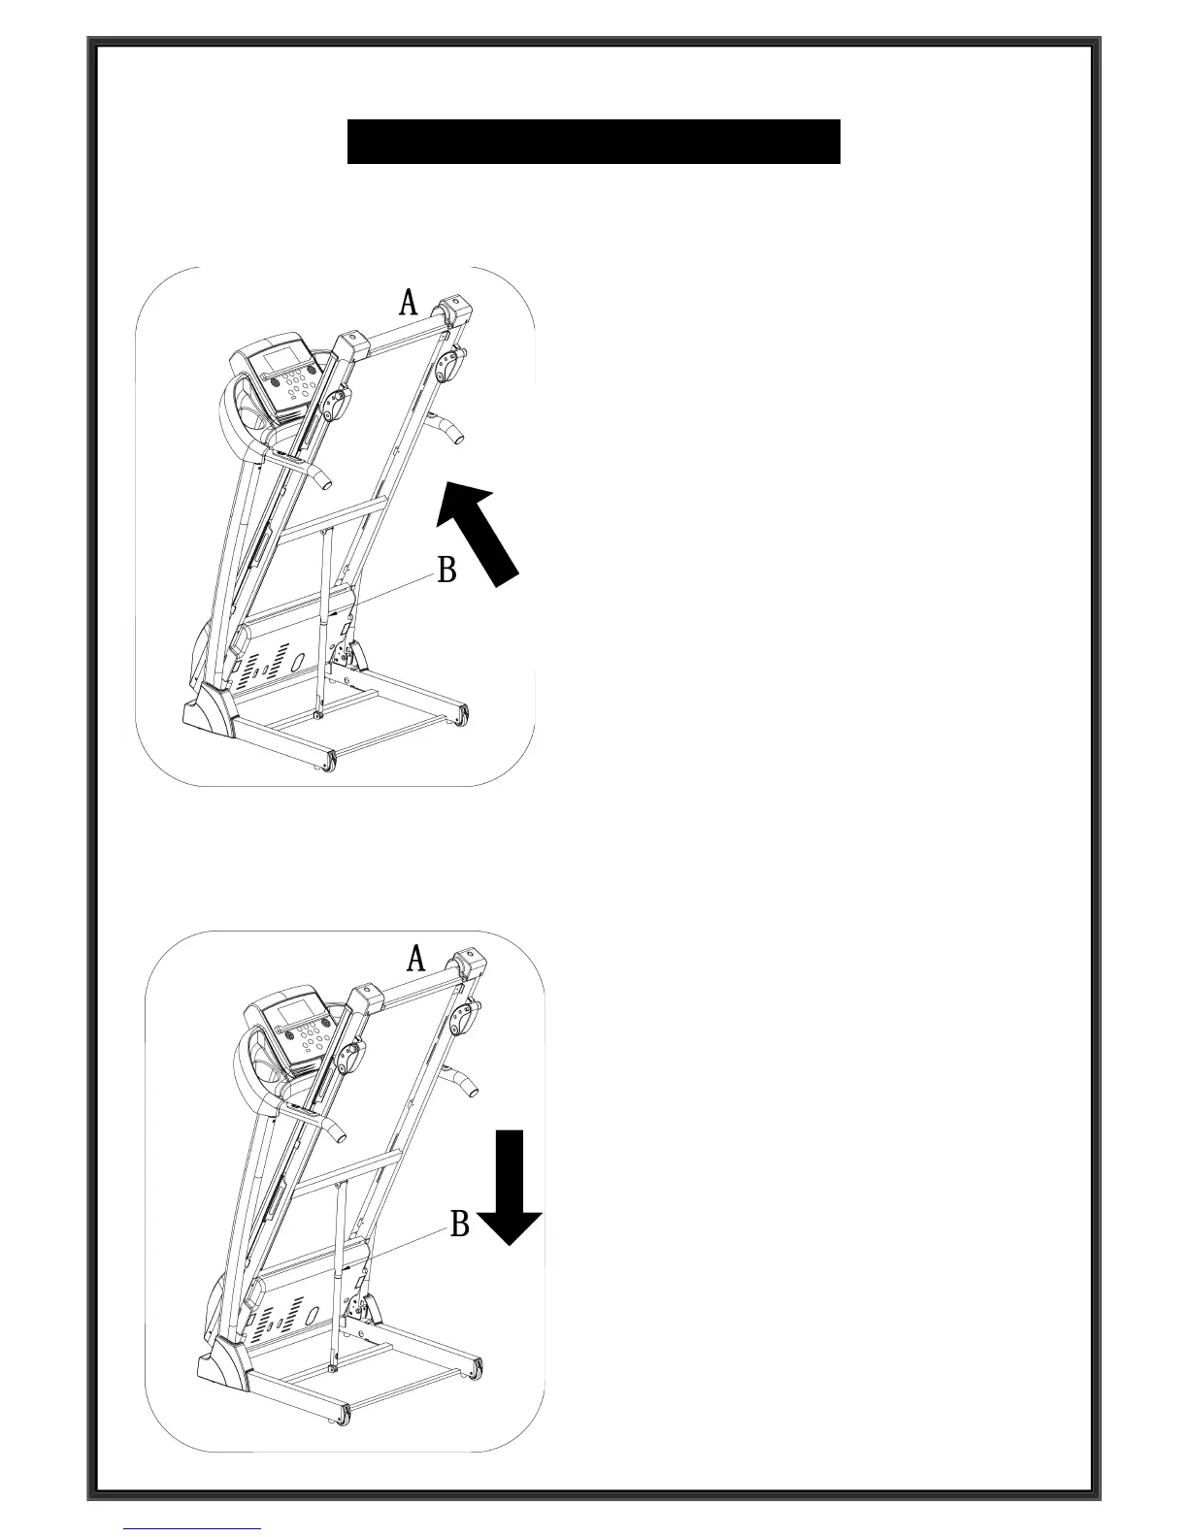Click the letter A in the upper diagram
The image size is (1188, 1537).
tap(409, 303)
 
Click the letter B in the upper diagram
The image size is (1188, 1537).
tap(446, 570)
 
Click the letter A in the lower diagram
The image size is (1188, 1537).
tap(415, 959)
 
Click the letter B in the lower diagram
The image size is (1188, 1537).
tap(460, 1225)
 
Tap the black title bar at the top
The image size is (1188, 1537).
tap(593, 142)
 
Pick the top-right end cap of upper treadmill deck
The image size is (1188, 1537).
tap(456, 311)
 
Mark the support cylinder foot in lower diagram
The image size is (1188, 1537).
tap(332, 1369)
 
